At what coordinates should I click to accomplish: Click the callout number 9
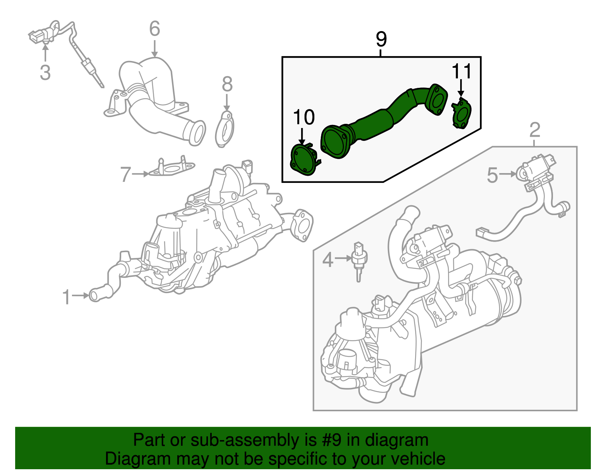(381, 39)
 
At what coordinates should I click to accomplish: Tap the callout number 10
(304, 117)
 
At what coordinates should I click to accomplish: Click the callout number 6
(155, 29)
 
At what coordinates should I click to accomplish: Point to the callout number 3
(45, 72)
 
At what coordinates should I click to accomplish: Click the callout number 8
(227, 84)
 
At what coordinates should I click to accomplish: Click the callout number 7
(125, 175)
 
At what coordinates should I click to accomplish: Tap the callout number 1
(66, 297)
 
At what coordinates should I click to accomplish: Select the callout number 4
(328, 260)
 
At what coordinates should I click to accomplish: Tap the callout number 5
(492, 175)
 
